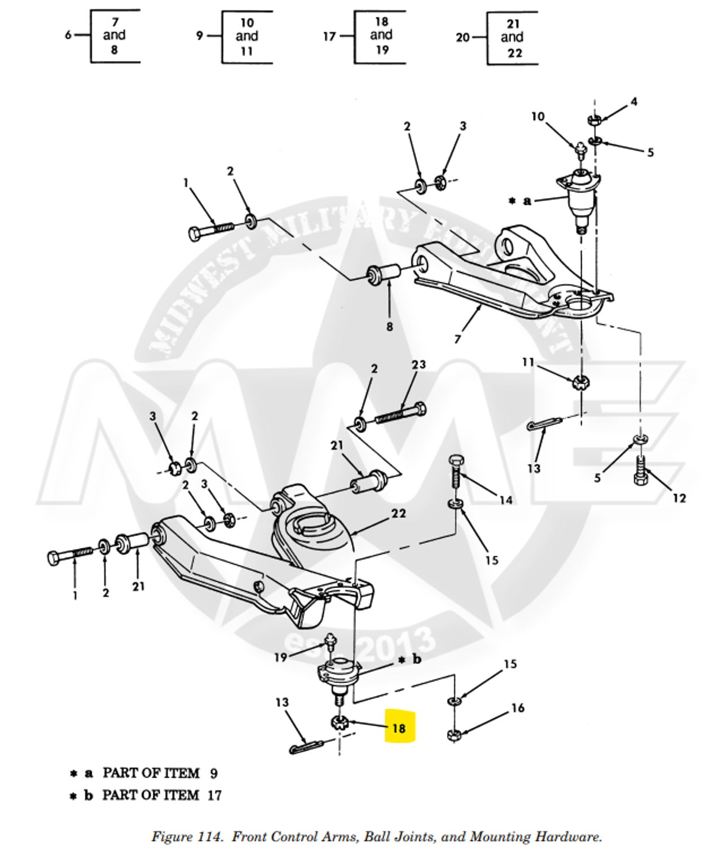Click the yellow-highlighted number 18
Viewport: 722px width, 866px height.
[399, 728]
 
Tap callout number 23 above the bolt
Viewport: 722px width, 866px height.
[419, 365]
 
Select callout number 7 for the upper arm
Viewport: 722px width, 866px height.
[457, 339]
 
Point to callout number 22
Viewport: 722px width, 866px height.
[398, 513]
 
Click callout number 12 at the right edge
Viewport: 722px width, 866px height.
[679, 498]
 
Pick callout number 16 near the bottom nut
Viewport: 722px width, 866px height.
[518, 708]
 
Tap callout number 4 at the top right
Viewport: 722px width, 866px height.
[634, 102]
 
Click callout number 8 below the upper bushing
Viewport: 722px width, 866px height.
[389, 326]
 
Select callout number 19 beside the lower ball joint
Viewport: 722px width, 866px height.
[280, 657]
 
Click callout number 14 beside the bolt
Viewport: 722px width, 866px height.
[505, 500]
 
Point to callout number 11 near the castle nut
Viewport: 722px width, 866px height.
[527, 362]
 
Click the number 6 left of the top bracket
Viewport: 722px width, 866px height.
[68, 35]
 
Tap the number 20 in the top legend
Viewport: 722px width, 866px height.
[463, 37]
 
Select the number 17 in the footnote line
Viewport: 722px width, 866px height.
[214, 795]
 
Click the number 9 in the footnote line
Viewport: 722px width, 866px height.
[214, 773]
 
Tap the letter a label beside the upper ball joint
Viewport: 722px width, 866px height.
[527, 200]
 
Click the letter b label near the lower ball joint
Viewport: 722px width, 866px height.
[417, 660]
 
